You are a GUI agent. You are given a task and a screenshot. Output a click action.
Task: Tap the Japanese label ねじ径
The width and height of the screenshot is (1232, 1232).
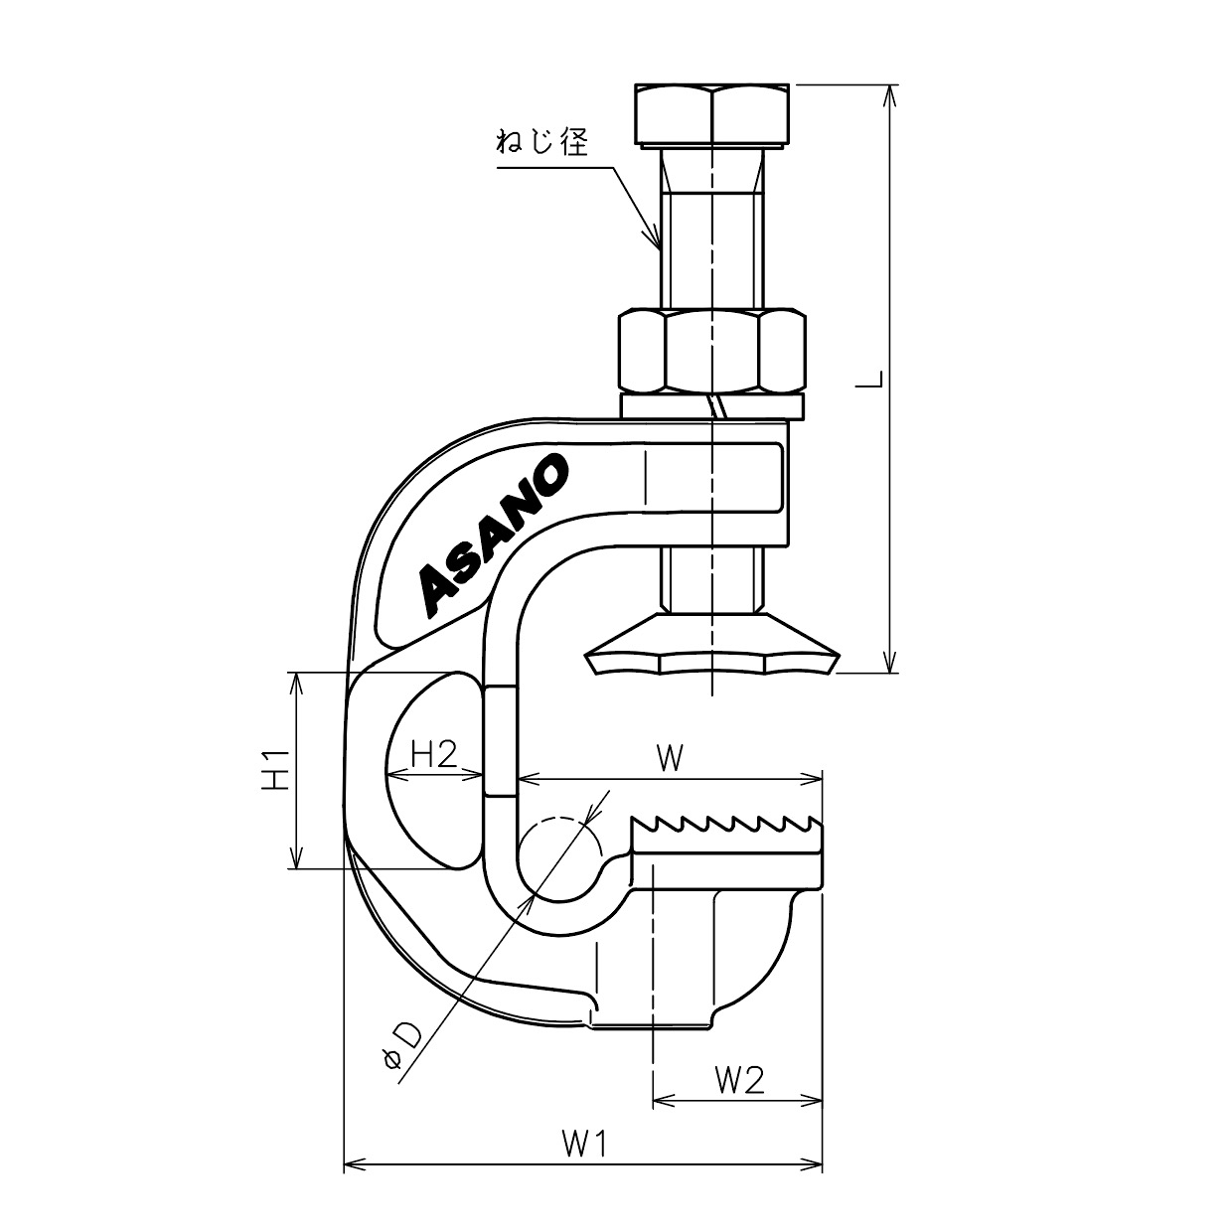click(x=542, y=141)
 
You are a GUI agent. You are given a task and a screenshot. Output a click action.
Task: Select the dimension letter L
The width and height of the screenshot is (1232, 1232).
click(x=870, y=380)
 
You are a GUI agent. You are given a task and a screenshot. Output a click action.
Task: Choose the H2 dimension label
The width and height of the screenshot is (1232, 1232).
click(x=434, y=754)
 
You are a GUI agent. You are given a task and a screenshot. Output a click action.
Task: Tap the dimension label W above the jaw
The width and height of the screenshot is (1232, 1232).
click(x=670, y=759)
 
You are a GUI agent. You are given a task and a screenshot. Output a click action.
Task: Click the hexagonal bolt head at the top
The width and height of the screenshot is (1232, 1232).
click(x=711, y=115)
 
